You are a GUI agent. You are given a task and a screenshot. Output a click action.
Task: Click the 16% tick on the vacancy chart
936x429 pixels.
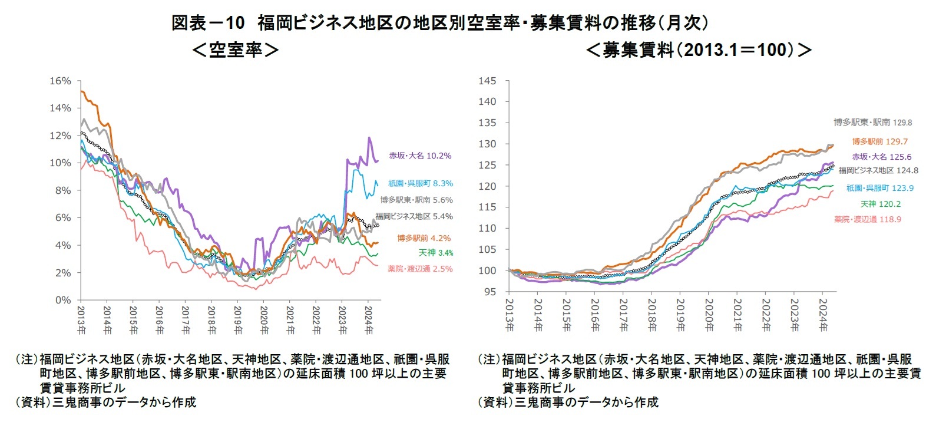point(60,81)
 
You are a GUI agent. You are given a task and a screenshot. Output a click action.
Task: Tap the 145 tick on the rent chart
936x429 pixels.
point(487,81)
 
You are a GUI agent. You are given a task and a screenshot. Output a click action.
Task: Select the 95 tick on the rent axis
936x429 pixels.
point(490,292)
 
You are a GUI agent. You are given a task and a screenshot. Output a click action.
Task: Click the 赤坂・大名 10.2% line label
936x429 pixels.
point(420,156)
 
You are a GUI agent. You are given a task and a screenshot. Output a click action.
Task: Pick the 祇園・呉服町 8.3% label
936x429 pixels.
point(421,183)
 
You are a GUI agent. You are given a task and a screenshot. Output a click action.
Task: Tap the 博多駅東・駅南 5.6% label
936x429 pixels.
point(416,200)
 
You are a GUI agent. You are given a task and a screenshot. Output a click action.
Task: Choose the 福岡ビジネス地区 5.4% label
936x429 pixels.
point(414,216)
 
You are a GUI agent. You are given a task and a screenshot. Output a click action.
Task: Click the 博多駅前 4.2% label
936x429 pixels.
point(424,238)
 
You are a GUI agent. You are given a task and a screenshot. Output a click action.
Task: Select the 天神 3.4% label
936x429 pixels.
point(436,253)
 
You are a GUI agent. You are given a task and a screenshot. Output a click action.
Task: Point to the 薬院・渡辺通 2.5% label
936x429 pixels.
point(420,269)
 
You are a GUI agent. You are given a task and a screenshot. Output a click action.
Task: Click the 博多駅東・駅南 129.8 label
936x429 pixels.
point(872,123)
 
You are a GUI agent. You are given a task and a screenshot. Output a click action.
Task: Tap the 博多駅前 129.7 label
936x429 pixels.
point(880,141)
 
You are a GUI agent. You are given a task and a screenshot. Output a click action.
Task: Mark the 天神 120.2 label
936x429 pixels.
point(881,204)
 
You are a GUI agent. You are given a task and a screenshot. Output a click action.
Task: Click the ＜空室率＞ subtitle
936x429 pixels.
point(235,50)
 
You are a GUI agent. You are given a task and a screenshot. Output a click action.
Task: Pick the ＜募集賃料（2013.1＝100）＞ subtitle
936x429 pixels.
point(699,50)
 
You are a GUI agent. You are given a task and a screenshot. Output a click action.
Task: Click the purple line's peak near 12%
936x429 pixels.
point(369,138)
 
